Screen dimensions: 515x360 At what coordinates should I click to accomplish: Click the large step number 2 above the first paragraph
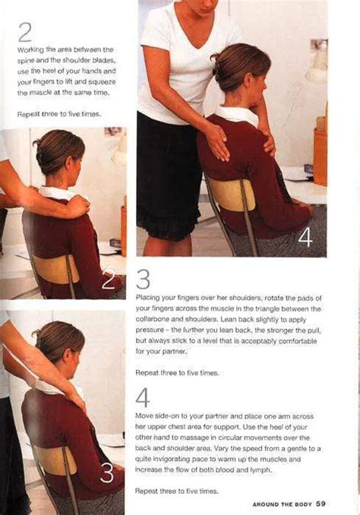[x=25, y=32]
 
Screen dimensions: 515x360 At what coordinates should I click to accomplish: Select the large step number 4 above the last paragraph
[x=143, y=398]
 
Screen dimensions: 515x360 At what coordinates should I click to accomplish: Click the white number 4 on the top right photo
[x=305, y=238]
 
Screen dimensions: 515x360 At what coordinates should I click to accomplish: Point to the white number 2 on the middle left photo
[x=109, y=280]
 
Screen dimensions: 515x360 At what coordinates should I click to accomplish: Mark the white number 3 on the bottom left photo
[x=107, y=473]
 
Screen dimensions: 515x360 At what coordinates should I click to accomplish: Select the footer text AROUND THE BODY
[x=281, y=504]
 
